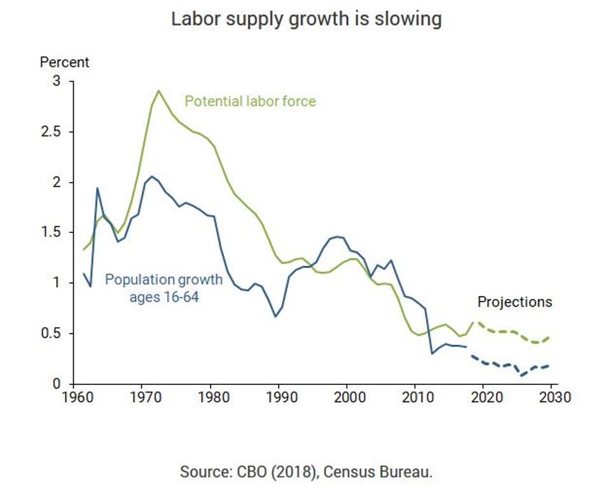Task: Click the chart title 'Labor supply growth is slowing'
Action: (305, 19)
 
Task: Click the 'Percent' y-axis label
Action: (64, 62)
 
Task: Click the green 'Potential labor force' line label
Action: (250, 101)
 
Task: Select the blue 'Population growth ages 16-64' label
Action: (163, 288)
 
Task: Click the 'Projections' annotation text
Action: (515, 302)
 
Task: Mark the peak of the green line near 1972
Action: (159, 90)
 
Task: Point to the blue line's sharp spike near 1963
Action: (97, 188)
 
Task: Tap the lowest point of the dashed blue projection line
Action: (522, 375)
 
